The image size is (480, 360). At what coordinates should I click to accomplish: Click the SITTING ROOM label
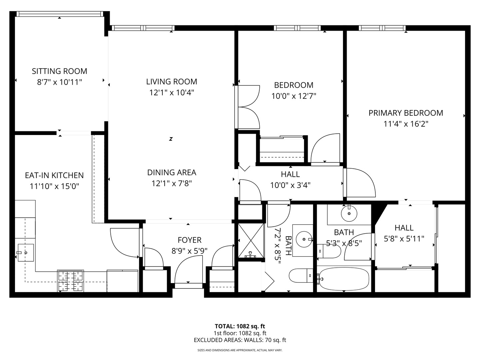(59, 71)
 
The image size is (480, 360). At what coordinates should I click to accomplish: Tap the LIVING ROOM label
(172, 82)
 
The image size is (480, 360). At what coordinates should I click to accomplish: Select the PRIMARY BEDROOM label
(406, 113)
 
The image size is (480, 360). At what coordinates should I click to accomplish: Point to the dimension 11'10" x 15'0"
(54, 186)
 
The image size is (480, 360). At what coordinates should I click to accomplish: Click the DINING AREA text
(172, 173)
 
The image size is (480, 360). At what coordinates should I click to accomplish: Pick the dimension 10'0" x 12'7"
(294, 96)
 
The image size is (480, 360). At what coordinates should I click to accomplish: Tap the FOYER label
(189, 240)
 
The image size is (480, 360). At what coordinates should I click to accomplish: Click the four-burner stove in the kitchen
(70, 281)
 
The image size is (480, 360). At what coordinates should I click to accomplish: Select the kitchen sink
(26, 253)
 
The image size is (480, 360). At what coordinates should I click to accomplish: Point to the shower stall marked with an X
(251, 240)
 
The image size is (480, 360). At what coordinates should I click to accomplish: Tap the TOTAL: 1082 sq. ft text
(240, 326)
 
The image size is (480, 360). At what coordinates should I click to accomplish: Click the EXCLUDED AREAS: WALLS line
(240, 340)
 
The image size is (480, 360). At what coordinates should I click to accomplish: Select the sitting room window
(59, 14)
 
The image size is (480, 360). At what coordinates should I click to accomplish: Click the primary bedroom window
(382, 28)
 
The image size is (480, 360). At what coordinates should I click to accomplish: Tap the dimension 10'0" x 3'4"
(290, 186)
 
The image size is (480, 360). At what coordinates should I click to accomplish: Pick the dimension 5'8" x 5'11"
(404, 239)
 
